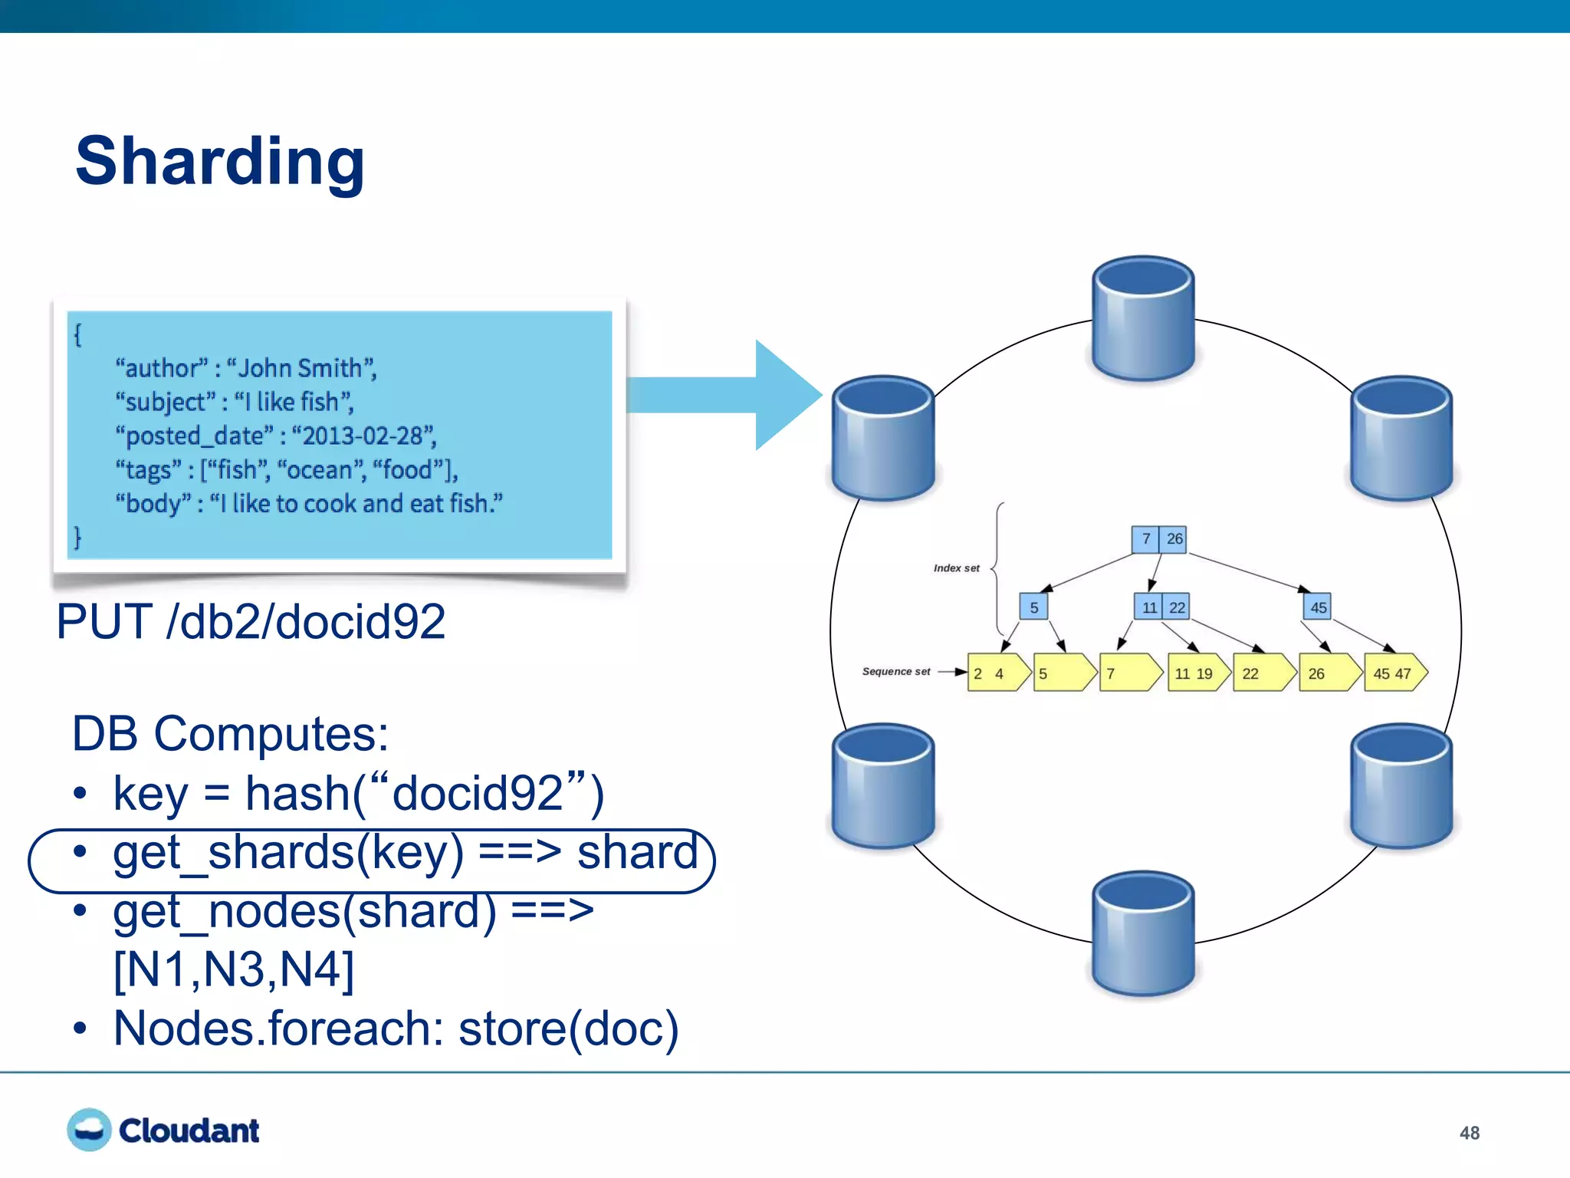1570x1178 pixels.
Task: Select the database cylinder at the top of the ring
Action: [x=1142, y=318]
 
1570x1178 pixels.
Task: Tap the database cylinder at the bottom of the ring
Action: [x=1142, y=933]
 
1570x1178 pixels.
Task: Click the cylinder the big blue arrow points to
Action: [x=883, y=438]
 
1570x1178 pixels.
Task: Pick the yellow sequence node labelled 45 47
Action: [x=1394, y=673]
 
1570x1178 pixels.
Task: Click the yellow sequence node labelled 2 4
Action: [x=995, y=673]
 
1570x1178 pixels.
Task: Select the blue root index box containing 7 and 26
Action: [x=1159, y=539]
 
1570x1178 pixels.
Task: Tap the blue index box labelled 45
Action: [x=1317, y=607]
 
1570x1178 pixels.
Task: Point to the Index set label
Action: [x=956, y=568]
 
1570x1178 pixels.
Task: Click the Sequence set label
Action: [x=895, y=672]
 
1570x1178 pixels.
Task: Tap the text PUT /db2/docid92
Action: [x=251, y=621]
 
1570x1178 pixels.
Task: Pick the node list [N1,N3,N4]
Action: [x=234, y=969]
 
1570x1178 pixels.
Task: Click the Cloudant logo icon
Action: [x=89, y=1130]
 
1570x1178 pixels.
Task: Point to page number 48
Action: [x=1469, y=1133]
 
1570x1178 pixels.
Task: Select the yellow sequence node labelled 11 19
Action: [x=1195, y=673]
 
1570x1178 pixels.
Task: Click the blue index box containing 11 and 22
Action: [x=1162, y=607]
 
